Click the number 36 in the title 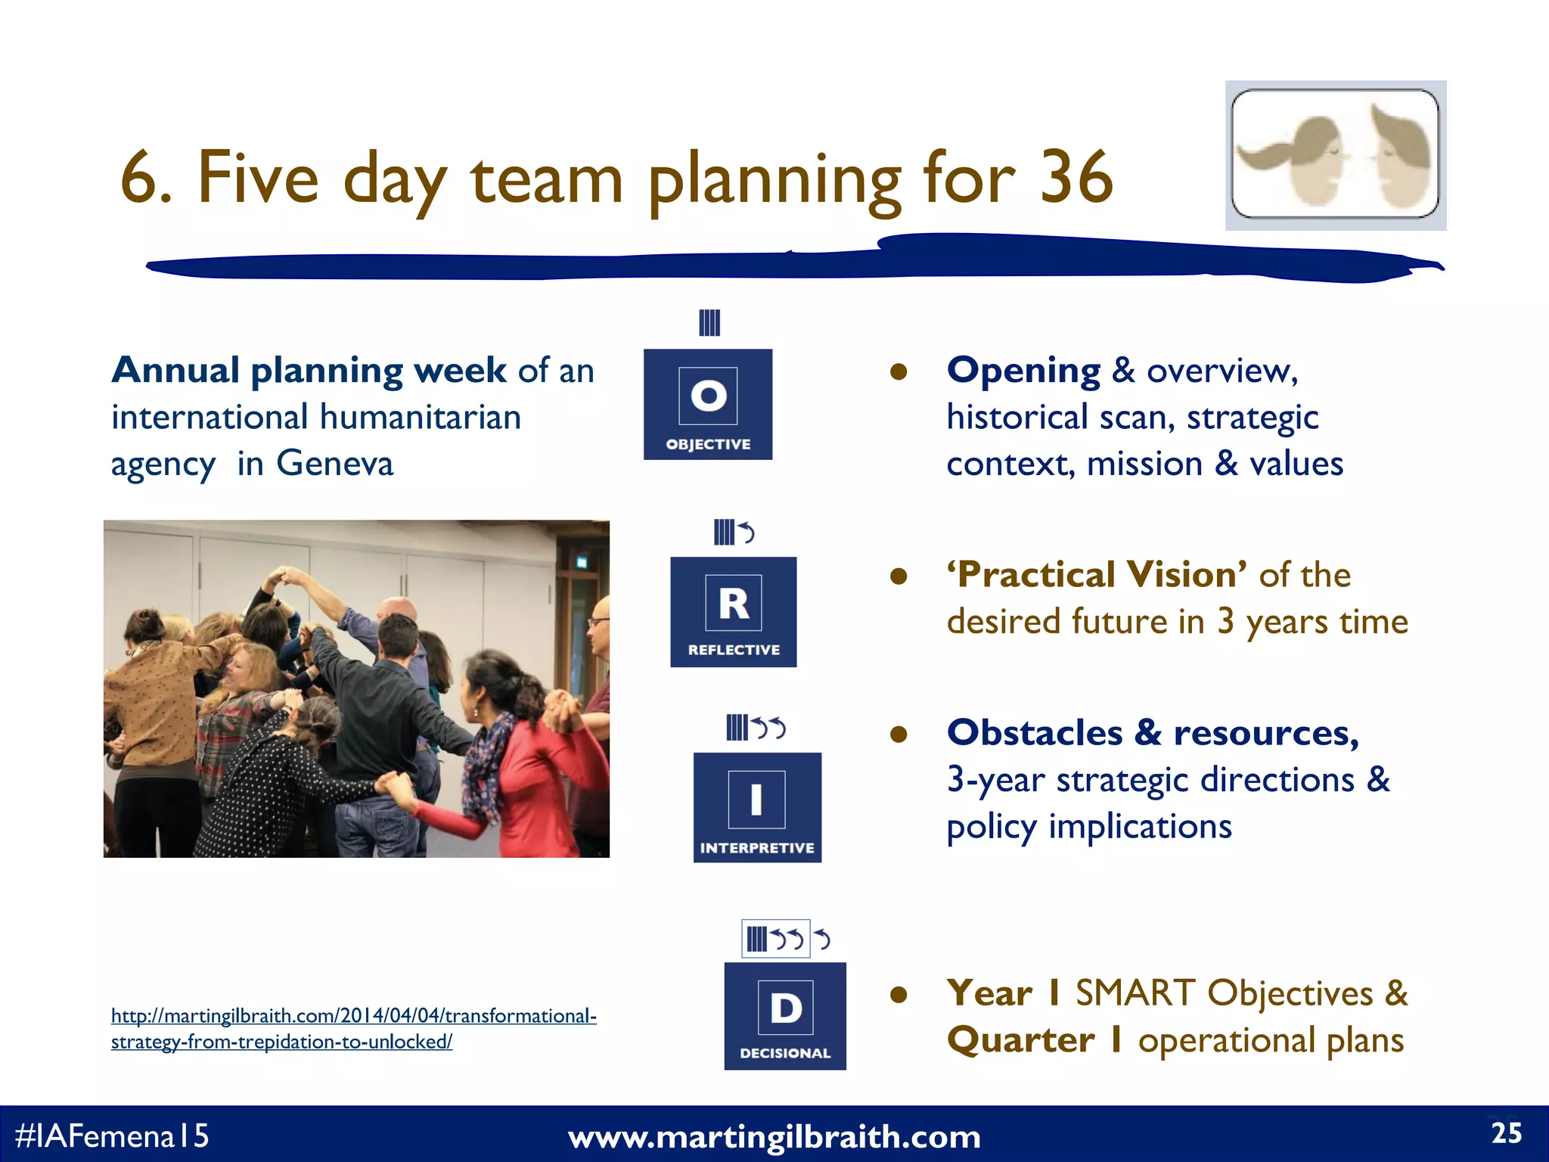point(1076,177)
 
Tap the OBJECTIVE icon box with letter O point(708,404)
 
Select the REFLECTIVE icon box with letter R point(733,611)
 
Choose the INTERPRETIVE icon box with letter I point(757,806)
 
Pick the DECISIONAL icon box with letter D point(785,1015)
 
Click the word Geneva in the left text point(334,463)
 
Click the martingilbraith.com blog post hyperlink point(353,1028)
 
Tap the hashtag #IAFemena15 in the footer point(112,1136)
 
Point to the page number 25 point(1506,1133)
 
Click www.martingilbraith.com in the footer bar point(774,1136)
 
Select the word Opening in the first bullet point(1023,371)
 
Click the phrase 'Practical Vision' point(1096,574)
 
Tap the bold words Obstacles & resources point(1152,732)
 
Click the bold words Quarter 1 point(1034,1039)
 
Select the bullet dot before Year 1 point(898,994)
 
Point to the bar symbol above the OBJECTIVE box point(709,323)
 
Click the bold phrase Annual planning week point(309,371)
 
